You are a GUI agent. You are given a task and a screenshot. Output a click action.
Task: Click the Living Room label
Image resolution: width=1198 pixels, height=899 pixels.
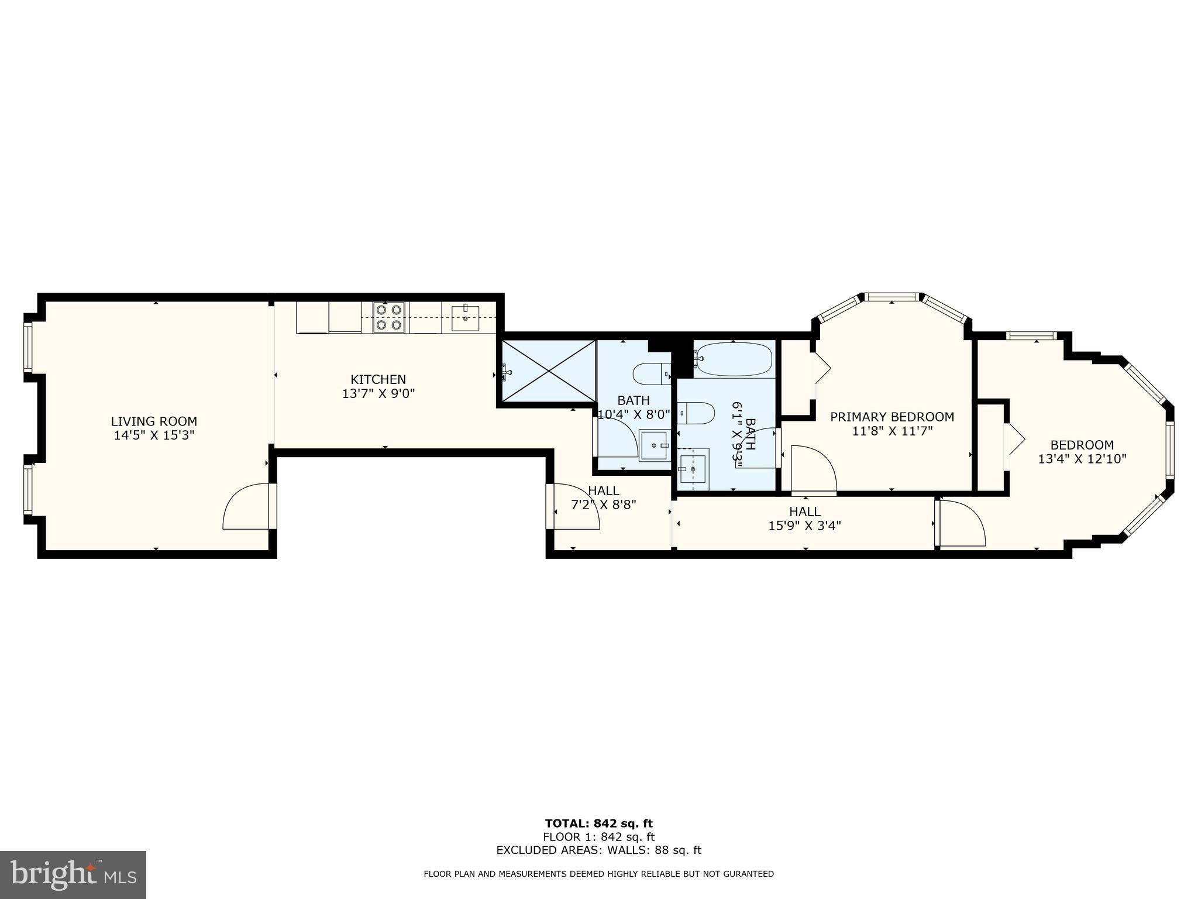(x=154, y=421)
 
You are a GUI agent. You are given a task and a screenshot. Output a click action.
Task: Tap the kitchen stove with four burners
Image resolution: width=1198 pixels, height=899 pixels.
(x=389, y=317)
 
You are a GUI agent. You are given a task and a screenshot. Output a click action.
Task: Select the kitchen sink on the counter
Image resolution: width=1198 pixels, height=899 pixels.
(x=465, y=318)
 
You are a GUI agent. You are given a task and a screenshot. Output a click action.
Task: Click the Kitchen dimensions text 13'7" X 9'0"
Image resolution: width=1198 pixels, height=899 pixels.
(x=378, y=394)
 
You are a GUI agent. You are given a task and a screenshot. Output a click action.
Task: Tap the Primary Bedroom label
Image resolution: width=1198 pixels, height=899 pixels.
(x=892, y=417)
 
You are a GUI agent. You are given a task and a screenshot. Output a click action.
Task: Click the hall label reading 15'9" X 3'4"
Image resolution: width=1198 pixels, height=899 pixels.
(x=804, y=526)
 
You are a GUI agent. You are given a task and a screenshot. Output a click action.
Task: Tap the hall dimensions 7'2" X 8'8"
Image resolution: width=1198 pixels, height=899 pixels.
(x=603, y=504)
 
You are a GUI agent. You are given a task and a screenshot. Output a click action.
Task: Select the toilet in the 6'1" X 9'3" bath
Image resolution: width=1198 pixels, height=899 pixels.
(x=696, y=413)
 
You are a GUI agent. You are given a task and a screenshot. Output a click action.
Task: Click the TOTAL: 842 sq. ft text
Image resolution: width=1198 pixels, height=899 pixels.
(x=598, y=824)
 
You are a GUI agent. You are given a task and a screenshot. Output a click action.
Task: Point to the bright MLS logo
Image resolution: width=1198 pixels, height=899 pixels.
(x=73, y=874)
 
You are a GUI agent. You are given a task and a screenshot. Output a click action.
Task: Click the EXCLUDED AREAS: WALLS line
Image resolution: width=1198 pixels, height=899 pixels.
(x=598, y=850)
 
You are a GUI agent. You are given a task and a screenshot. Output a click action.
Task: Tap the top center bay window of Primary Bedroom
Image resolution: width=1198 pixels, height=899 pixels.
(x=891, y=297)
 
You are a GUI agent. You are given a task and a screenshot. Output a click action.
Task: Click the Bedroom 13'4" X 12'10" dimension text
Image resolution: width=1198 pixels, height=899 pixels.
(x=1082, y=459)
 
